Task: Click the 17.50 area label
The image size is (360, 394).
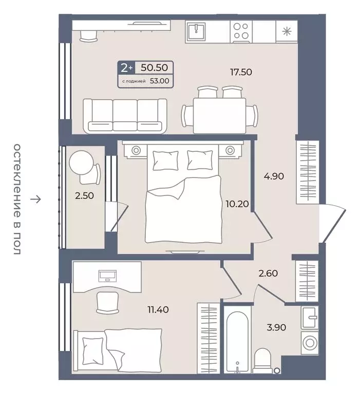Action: click(x=241, y=72)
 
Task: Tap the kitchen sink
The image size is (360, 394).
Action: click(x=196, y=31)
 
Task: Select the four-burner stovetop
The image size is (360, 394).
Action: click(x=241, y=31)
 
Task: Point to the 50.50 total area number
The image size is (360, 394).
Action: click(x=154, y=67)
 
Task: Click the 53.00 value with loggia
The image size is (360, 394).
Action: click(x=160, y=81)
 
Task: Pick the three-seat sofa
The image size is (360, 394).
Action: click(x=125, y=116)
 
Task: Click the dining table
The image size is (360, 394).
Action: click(x=219, y=115)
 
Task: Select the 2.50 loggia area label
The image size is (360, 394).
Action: click(x=84, y=195)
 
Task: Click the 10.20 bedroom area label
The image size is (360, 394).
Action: click(x=237, y=204)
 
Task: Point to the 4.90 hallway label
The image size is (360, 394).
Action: click(x=274, y=176)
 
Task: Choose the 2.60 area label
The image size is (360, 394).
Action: click(x=268, y=273)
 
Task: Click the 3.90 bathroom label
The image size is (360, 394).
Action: click(x=276, y=327)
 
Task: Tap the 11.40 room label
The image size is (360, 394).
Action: click(x=158, y=309)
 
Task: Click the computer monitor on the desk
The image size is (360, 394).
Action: click(x=108, y=275)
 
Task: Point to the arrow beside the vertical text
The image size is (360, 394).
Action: click(x=35, y=199)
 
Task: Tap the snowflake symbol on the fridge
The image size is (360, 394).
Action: click(x=287, y=32)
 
